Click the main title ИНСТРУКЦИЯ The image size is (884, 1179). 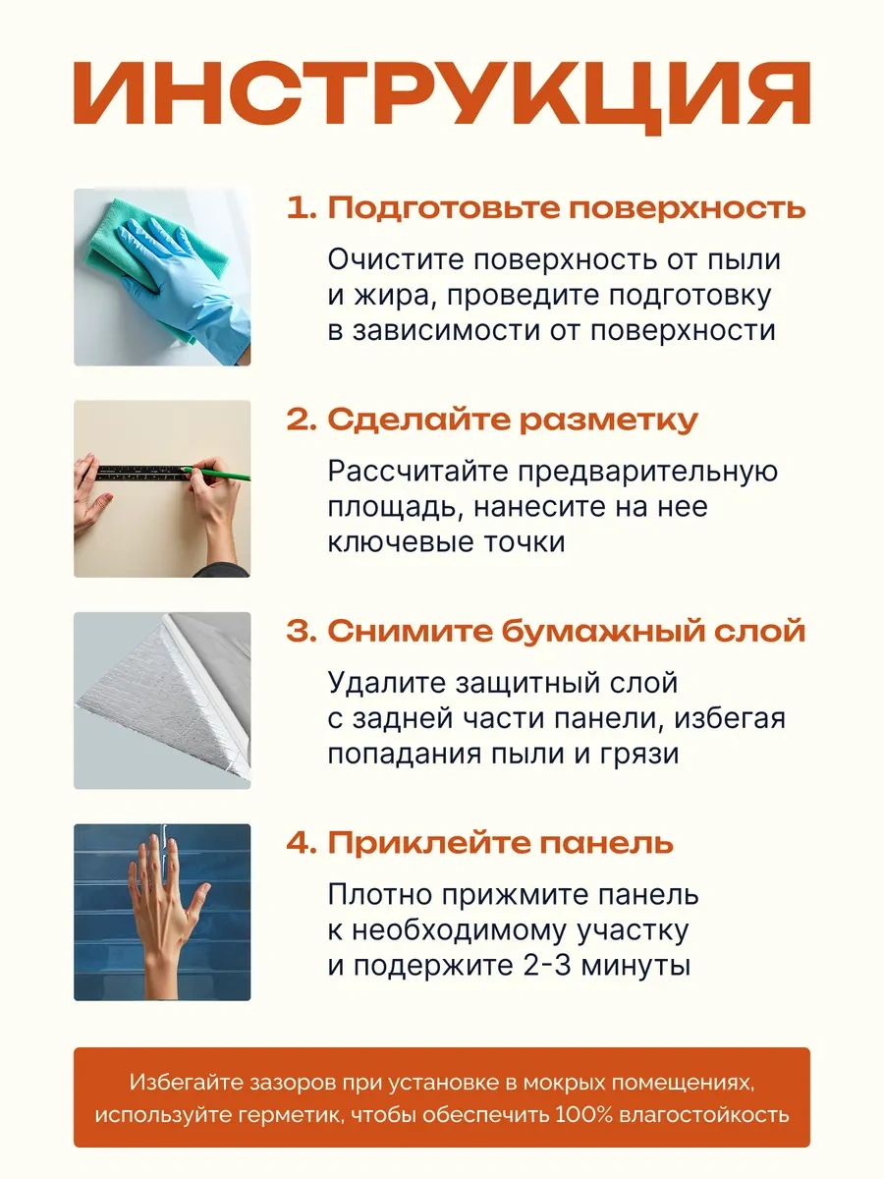click(442, 95)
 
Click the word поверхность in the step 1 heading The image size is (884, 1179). click(687, 208)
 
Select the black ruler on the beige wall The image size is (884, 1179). click(142, 474)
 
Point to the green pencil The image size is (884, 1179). click(217, 474)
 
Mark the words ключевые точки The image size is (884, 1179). click(447, 542)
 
